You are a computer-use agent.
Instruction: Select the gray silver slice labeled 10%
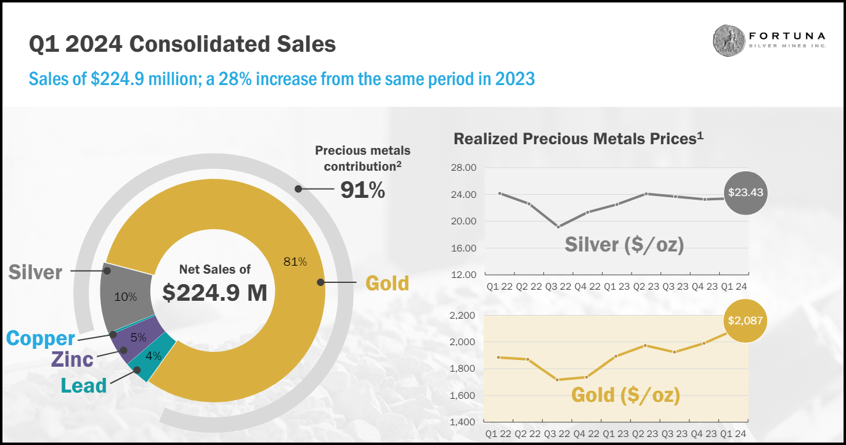point(126,296)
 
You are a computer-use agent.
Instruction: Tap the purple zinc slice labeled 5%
point(138,337)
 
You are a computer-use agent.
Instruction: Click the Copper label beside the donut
point(40,338)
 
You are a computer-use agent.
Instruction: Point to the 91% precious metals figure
point(362,190)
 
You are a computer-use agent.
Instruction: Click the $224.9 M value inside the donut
point(215,293)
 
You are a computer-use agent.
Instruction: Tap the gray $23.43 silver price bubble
point(745,192)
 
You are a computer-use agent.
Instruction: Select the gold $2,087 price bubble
point(745,320)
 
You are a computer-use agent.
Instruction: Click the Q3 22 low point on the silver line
point(558,227)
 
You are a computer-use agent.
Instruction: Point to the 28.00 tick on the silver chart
point(464,168)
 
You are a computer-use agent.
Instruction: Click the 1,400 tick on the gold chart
point(463,422)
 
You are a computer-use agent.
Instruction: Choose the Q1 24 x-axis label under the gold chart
point(733,434)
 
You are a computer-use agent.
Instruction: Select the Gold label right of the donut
point(387,283)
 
